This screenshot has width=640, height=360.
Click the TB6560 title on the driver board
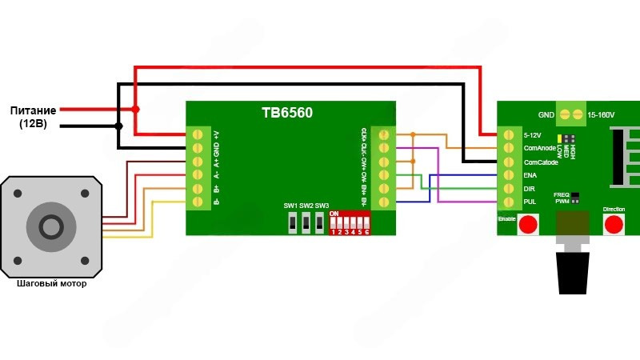tap(286, 114)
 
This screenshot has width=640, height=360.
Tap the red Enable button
tap(527, 226)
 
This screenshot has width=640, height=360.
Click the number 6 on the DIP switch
tap(366, 231)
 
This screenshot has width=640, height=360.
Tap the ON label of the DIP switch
tap(334, 214)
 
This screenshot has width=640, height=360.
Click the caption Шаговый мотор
tap(51, 284)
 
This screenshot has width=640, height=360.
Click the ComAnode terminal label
tap(539, 148)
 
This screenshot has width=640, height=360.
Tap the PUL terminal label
tap(530, 202)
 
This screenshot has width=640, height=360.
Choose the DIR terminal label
tap(529, 189)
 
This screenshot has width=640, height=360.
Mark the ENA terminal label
tap(530, 175)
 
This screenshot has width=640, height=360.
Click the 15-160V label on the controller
tap(602, 115)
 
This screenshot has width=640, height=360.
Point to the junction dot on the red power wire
tap(136, 109)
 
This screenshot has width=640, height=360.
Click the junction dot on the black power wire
tap(119, 126)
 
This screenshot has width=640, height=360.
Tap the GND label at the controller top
tap(546, 115)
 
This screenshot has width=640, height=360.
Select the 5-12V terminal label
tap(533, 134)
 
